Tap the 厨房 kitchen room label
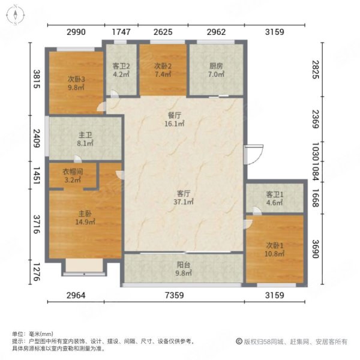[x=217, y=66]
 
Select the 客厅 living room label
[x=184, y=194]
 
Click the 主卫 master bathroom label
[x=84, y=136]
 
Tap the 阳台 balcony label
[x=184, y=265]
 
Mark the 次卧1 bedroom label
[x=274, y=245]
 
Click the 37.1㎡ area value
[x=184, y=202]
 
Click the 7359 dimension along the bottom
[x=184, y=295]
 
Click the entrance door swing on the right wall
[x=255, y=151]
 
